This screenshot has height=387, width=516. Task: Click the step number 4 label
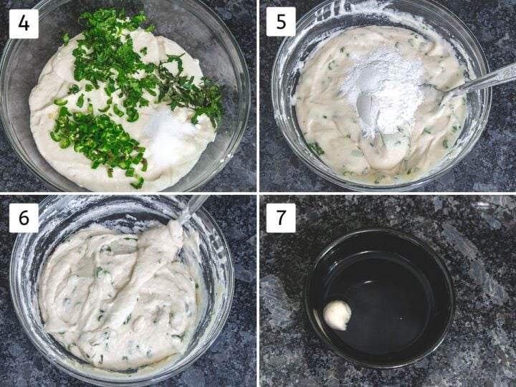coord(24,24)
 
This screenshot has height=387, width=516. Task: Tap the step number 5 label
coord(281,21)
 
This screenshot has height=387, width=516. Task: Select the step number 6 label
coord(24,218)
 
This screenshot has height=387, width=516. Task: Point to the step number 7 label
coord(281,218)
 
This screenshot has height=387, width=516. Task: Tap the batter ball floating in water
coord(337,315)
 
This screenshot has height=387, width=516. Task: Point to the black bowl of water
coord(379,298)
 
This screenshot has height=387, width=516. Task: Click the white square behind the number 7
coord(281,218)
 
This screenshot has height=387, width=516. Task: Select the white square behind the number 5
coord(281,21)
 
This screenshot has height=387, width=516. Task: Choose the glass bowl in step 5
coord(381,95)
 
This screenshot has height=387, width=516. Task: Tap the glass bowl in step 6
coord(122,290)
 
